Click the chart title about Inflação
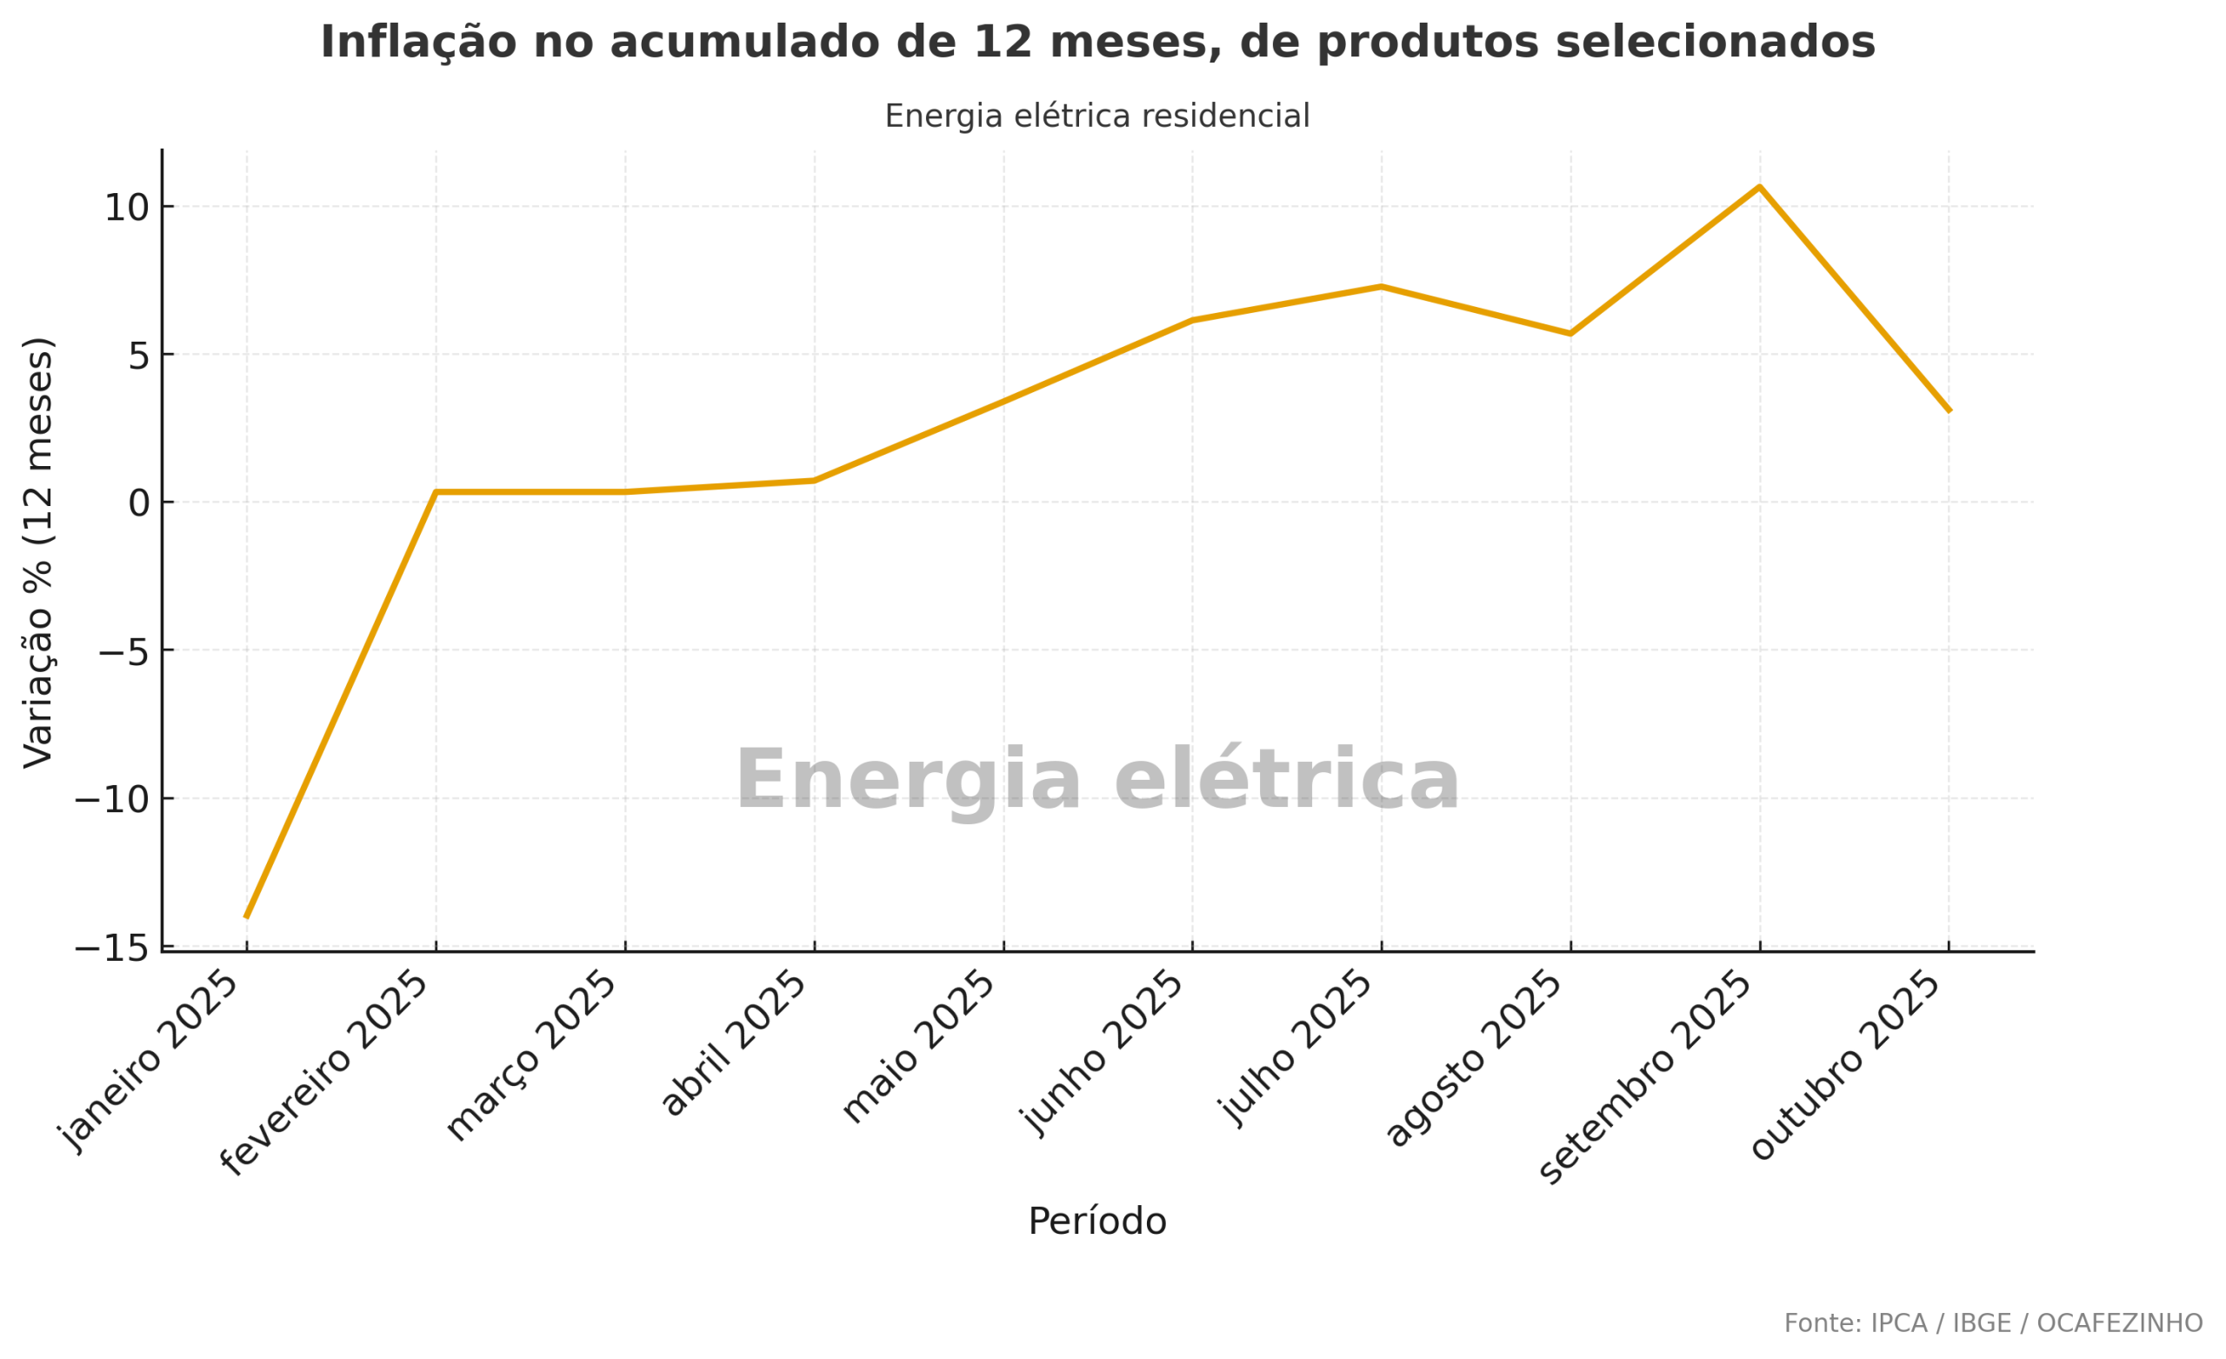(x=1097, y=43)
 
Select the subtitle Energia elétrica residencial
(x=1096, y=117)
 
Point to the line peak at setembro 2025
(x=1760, y=187)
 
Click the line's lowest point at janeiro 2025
(x=247, y=917)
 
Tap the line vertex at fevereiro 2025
(x=437, y=492)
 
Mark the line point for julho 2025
(x=1382, y=286)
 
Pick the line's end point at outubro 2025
(x=1949, y=411)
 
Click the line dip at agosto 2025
(x=1571, y=333)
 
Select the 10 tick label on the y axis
(x=126, y=208)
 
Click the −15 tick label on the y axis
(x=112, y=949)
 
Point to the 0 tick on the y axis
(x=139, y=503)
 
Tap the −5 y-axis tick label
(x=123, y=651)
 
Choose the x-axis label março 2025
(x=533, y=1057)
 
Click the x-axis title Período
(x=1096, y=1222)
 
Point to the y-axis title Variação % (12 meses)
(x=38, y=553)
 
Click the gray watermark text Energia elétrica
(x=1096, y=780)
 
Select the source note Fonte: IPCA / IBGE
(x=1993, y=1323)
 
